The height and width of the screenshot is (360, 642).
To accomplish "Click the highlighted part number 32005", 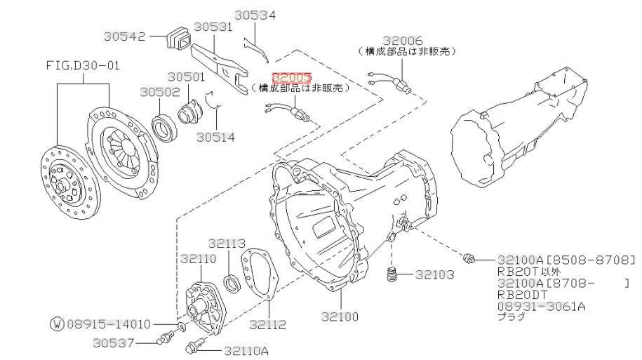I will coord(292,77).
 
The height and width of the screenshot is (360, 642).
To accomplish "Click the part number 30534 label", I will coord(255,15).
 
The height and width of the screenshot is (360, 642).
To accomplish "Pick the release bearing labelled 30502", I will coord(163,126).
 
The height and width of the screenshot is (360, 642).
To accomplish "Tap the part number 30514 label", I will coord(215,137).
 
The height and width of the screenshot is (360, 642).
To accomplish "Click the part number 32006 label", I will coord(403,40).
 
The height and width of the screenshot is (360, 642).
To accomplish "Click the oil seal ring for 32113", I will coord(232,284).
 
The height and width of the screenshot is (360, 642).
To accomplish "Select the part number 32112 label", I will coord(267,324).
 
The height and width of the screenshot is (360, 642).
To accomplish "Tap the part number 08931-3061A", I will coord(540,307).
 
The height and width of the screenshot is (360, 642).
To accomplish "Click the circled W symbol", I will coord(57,324).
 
